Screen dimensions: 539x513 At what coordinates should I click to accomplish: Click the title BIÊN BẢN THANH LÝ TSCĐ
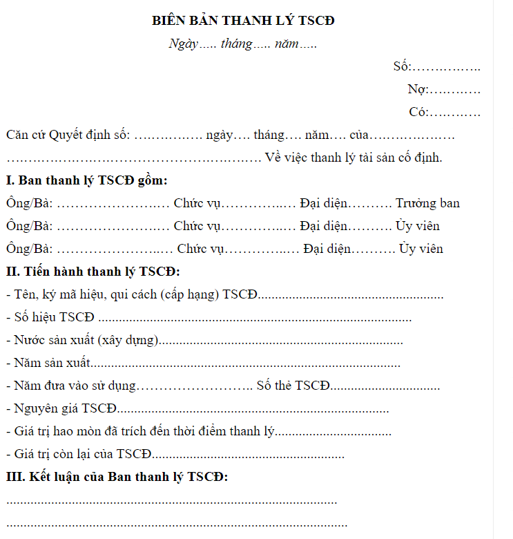click(x=243, y=21)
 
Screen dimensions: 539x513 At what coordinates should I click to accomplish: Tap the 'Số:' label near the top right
click(x=402, y=66)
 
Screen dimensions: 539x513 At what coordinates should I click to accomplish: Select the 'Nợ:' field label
click(x=418, y=89)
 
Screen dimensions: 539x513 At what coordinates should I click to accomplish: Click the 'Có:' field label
click(x=418, y=112)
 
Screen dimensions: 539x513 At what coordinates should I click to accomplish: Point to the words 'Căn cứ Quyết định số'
click(x=68, y=135)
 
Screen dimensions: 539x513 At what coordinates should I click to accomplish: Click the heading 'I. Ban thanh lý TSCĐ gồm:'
click(x=86, y=181)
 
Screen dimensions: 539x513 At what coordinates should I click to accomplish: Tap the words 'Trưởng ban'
click(x=427, y=203)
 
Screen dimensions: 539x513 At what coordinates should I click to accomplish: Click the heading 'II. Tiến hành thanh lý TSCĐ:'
click(x=93, y=272)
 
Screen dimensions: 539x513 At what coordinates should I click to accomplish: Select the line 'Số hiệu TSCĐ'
click(x=54, y=318)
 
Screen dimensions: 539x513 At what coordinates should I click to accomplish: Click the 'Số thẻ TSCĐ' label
click(x=293, y=386)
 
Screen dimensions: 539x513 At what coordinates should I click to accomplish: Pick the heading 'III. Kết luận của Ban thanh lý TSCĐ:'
click(x=117, y=477)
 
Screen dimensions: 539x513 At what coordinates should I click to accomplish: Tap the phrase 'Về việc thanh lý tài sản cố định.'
click(x=354, y=158)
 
